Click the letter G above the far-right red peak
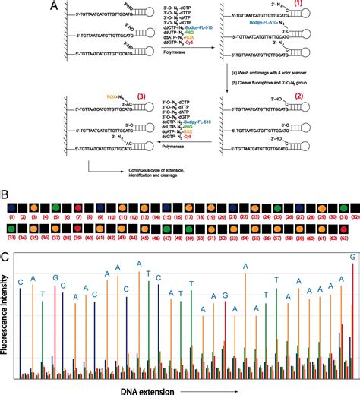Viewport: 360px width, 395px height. [352, 258]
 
